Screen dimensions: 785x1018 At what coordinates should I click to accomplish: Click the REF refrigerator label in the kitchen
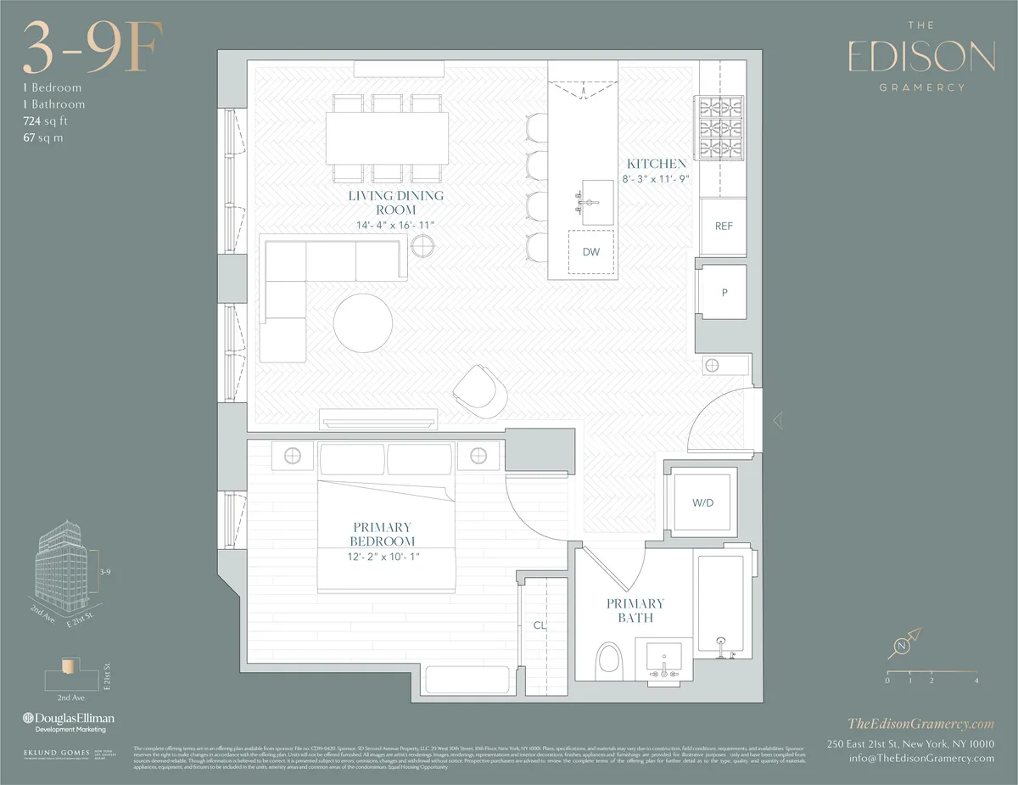pos(724,227)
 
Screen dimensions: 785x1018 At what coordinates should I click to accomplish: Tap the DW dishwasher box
pos(591,252)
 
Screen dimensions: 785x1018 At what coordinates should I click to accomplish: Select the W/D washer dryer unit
pos(703,502)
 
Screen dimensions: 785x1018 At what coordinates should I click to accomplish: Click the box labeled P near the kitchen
pos(724,292)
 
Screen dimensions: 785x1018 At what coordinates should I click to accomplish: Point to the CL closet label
pos(539,625)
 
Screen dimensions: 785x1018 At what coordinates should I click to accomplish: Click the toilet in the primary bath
pos(609,659)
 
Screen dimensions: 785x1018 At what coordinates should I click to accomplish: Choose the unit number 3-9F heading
pos(92,49)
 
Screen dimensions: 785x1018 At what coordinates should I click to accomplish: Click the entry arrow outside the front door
pos(778,419)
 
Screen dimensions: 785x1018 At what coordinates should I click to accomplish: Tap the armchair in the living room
pos(480,393)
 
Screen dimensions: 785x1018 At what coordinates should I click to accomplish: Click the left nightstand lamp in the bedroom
pos(292,456)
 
